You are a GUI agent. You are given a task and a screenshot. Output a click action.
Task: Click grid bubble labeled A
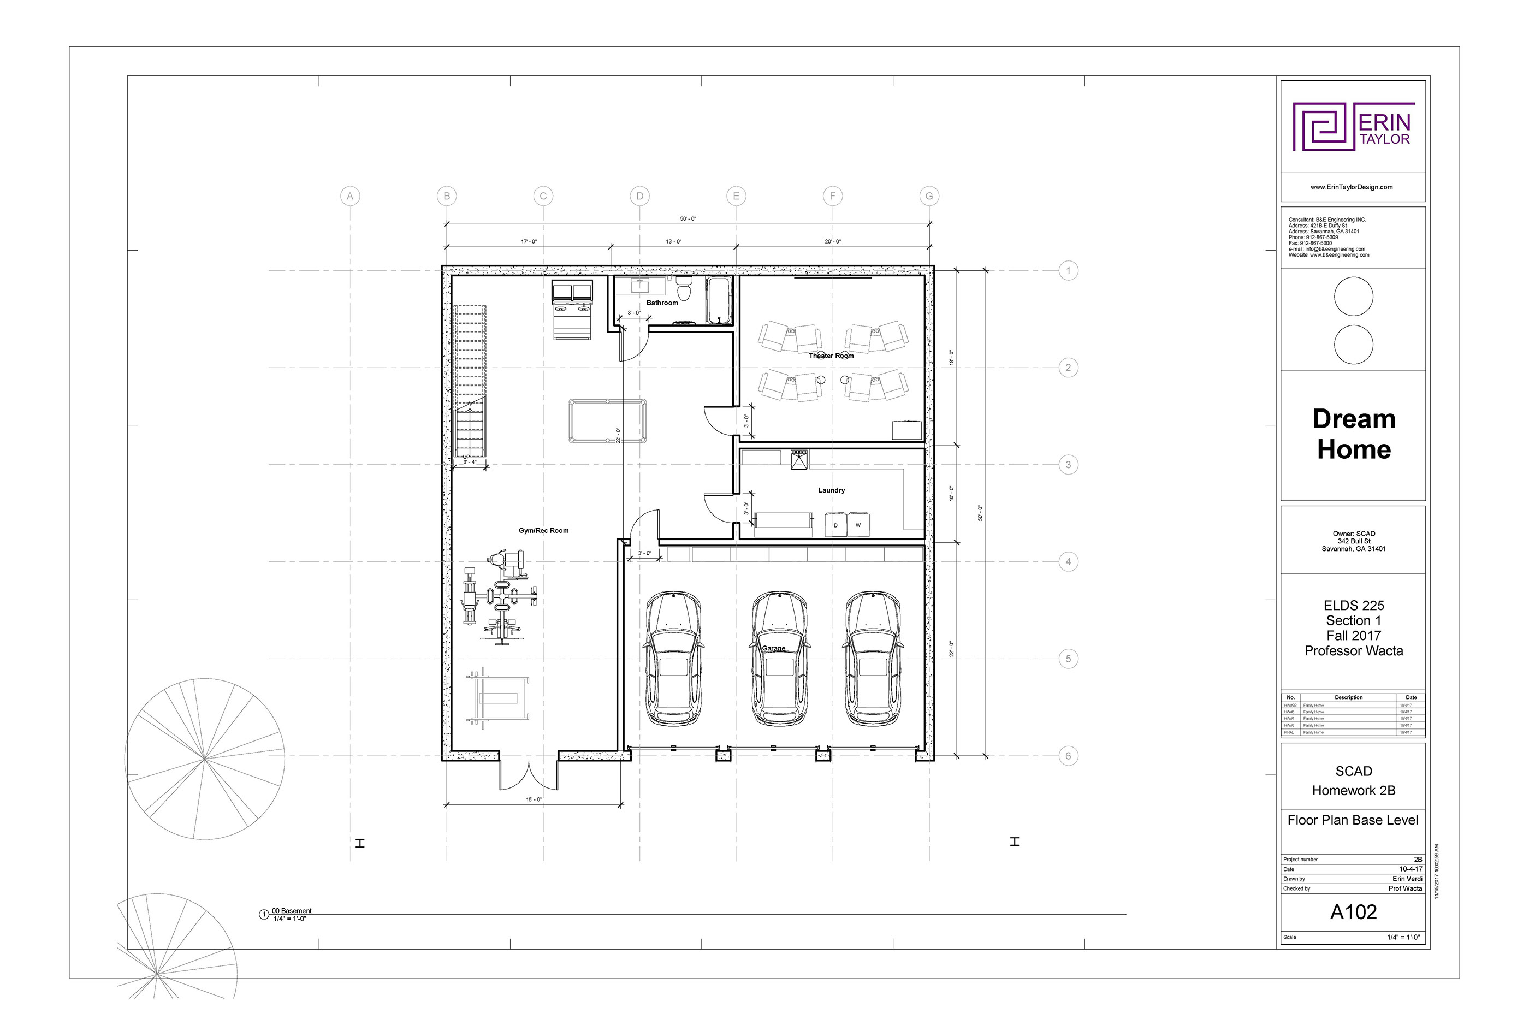(351, 196)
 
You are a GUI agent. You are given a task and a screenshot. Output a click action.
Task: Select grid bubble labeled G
(929, 196)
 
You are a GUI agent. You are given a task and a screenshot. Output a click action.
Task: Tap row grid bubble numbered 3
(1068, 465)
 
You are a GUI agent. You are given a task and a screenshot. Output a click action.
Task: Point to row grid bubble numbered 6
(1068, 756)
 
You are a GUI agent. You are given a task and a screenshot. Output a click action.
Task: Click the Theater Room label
(831, 356)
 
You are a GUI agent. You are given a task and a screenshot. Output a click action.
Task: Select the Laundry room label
(832, 490)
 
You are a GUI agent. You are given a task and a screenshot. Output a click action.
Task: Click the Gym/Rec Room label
(543, 531)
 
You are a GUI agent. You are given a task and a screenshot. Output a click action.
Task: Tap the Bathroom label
(661, 303)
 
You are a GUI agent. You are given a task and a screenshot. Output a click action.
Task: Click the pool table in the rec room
(607, 421)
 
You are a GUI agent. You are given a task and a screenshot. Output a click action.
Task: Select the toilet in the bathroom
(684, 289)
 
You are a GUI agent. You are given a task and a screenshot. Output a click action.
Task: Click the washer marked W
(858, 525)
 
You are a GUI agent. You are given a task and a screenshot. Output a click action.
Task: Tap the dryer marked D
(835, 525)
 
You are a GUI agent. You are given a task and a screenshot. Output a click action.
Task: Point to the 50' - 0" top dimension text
(688, 219)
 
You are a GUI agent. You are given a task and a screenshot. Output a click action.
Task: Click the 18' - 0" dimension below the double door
(534, 799)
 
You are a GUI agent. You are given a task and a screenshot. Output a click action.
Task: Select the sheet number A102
(1353, 913)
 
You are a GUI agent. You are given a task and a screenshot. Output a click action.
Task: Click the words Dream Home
(1353, 434)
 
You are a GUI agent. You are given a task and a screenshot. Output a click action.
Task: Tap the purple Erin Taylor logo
(1353, 127)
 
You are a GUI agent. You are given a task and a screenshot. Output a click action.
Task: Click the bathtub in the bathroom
(719, 301)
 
